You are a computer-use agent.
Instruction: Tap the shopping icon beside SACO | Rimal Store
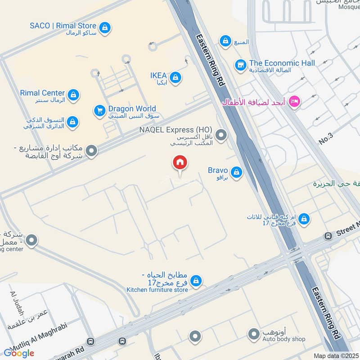tap(105, 28)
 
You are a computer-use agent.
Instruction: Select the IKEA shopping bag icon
tap(175, 78)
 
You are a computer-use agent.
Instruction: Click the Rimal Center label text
tap(42, 93)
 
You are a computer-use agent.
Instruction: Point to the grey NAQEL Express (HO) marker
tap(221, 135)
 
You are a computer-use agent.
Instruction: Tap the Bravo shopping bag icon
tap(236, 172)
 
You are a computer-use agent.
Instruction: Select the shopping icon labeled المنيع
tap(225, 41)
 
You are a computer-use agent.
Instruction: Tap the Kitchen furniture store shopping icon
tap(196, 282)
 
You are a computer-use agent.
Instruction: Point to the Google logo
tap(19, 353)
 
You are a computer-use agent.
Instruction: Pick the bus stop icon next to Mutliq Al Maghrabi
tap(91, 342)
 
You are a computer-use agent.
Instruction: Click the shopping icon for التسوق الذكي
tap(72, 122)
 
